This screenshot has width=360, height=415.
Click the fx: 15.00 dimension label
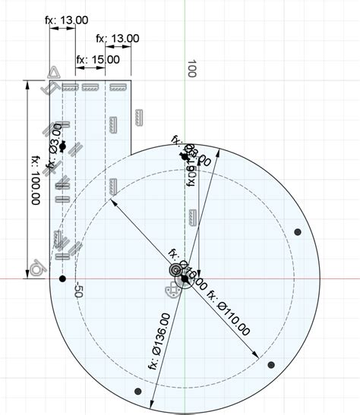pos(98,59)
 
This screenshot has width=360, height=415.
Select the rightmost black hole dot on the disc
pos(298,231)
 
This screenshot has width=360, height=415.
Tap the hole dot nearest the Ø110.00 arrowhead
pos(271,365)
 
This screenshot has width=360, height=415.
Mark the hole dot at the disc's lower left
pos(137,391)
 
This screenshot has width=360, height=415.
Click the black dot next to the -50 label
pos(62,278)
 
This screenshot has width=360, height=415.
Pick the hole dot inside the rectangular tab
pos(63,146)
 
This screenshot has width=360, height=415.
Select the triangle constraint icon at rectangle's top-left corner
pos(54,73)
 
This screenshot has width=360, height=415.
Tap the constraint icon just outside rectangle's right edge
pos(138,117)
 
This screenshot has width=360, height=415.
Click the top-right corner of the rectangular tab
pos(133,80)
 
